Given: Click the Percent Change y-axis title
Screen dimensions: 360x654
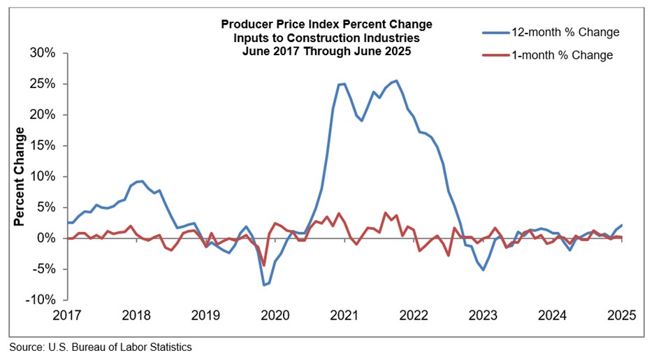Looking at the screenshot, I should click(20, 176).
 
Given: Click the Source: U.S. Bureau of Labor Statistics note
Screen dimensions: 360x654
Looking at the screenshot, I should click(101, 347).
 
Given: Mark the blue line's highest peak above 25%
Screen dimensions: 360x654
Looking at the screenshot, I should click(397, 80).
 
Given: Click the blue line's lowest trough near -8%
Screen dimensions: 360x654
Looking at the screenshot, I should click(264, 285).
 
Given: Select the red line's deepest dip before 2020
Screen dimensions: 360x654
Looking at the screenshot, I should click(263, 265).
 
